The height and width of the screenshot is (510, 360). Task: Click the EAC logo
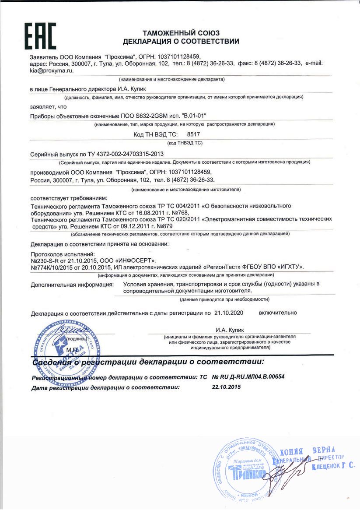40,36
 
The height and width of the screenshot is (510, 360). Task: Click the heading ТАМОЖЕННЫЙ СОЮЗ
181,33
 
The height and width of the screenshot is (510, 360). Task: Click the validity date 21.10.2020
229,313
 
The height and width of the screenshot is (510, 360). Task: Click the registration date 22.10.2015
226,387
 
